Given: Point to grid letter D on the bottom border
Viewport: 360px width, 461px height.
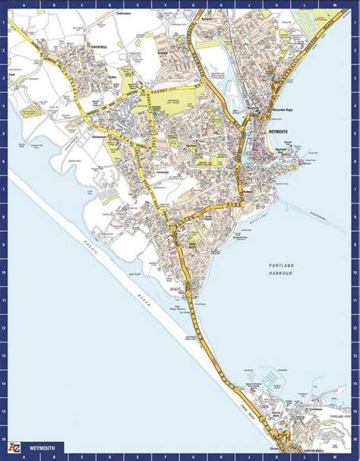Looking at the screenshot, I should [x=99, y=458].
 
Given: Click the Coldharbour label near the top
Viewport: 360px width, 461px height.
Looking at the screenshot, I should [x=125, y=14].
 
